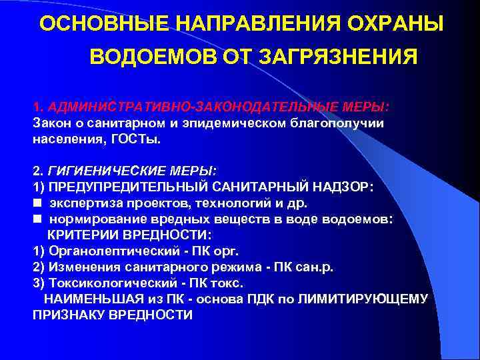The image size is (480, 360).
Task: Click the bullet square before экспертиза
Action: [36, 203]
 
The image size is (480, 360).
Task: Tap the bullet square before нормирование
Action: [36, 219]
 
